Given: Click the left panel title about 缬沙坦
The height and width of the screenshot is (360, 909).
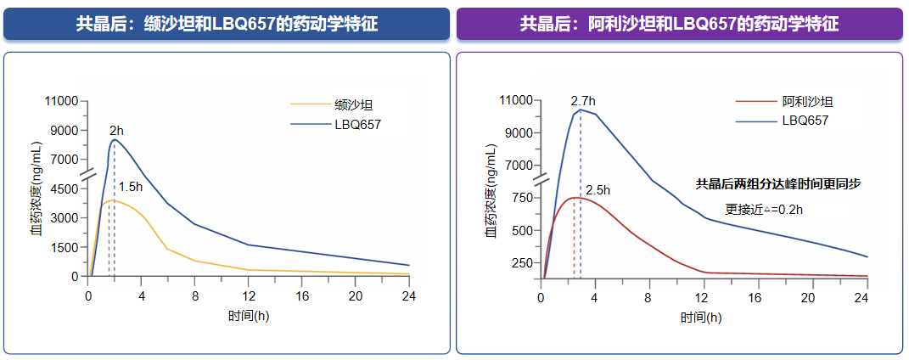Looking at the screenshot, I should pos(227,24).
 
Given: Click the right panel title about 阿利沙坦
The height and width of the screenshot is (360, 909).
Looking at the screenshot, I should pos(679,24).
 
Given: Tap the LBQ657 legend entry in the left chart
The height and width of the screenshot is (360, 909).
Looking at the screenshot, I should pos(357,124).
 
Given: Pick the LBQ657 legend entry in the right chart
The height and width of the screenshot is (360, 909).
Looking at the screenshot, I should pos(805,121).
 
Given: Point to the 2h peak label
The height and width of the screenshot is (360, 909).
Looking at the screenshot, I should pos(116,131).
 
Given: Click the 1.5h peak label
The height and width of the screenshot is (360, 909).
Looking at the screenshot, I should pos(130,187).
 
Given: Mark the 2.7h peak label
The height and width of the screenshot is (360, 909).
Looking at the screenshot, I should pos(583,100).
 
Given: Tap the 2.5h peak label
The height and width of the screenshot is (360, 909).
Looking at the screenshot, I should pos(598,190).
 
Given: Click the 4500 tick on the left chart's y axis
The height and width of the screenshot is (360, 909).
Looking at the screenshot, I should pos(65,188).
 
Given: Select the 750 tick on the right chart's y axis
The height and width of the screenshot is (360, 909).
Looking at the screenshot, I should pos(521,198).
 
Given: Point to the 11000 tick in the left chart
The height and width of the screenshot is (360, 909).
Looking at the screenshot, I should pos(61,102).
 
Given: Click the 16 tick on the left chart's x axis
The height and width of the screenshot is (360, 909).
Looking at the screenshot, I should pos(302,295).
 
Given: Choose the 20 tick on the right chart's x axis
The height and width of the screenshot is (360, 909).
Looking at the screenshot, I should pos(808,298).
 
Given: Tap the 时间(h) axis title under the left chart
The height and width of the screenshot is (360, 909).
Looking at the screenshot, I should pos(249,315).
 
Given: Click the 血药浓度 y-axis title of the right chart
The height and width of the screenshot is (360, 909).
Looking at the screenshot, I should pos(491,191).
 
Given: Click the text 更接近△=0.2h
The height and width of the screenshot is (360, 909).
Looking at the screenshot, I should pos(763,208).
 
